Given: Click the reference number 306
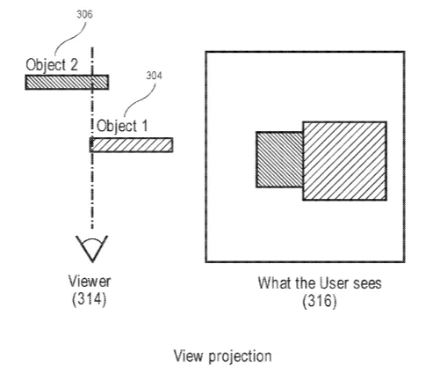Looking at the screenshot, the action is (x=84, y=14).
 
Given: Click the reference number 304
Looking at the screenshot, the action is (x=154, y=76).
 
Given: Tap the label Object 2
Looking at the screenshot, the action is (x=52, y=65).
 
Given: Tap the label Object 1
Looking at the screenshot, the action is (x=122, y=126).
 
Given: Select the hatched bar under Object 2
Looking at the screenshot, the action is (x=67, y=82).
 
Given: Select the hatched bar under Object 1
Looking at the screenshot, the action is (x=131, y=145).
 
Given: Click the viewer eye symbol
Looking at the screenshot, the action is (x=92, y=248).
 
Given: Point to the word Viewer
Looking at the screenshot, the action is (x=90, y=281).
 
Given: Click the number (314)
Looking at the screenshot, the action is (x=89, y=299).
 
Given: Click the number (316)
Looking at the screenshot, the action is (x=320, y=301).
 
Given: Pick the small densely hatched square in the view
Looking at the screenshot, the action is (x=279, y=159).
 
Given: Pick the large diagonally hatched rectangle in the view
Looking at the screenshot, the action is (x=344, y=161).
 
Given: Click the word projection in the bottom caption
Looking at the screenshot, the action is (x=240, y=357).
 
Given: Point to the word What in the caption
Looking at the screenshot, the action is (x=275, y=283).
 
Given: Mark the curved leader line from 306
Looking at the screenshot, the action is (x=70, y=38).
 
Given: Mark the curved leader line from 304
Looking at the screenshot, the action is (x=139, y=100).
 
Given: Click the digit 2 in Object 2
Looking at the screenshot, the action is (x=74, y=64).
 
